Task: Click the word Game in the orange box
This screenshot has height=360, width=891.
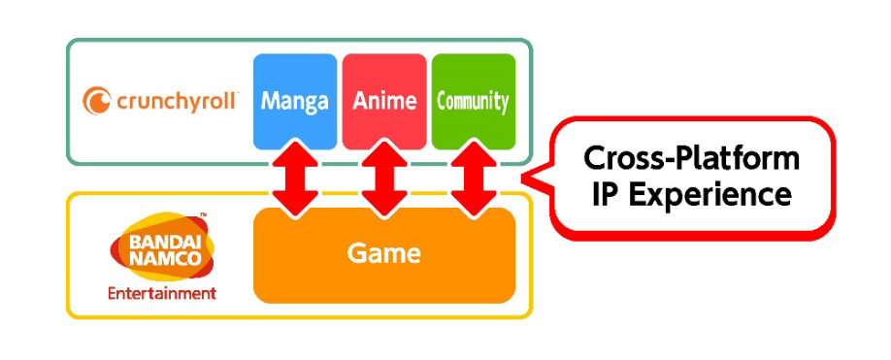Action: point(384,254)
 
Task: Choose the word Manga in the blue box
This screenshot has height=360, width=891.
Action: point(295,101)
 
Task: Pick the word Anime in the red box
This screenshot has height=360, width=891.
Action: point(384,101)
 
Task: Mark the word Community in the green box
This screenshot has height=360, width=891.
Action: point(473,101)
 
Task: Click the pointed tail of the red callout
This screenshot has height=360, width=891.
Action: point(530,178)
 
